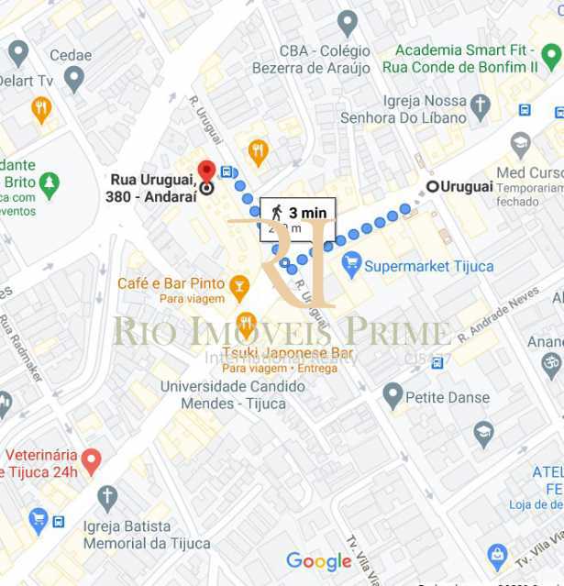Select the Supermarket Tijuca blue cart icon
click(351, 266)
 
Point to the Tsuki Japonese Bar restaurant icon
click(246, 324)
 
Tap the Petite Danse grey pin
click(393, 396)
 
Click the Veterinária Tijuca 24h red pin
click(90, 459)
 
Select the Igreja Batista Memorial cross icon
click(107, 499)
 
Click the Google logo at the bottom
click(318, 561)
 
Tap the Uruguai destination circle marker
click(432, 186)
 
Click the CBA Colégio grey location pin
click(347, 23)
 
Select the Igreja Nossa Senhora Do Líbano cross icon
click(481, 109)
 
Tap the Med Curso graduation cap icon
click(521, 144)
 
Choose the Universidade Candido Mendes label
click(223, 395)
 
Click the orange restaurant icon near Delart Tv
click(41, 109)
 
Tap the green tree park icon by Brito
click(50, 184)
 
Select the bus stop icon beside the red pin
click(227, 172)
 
